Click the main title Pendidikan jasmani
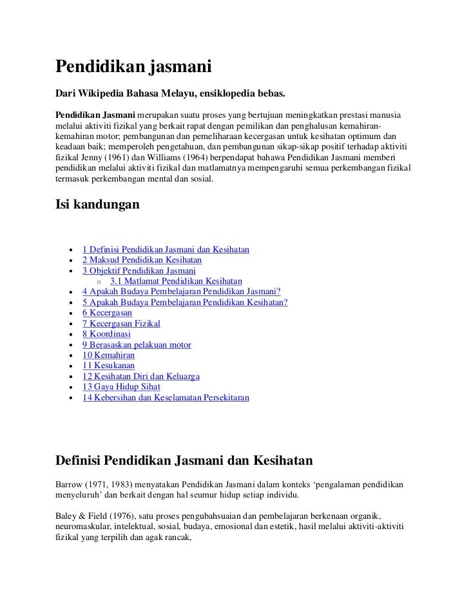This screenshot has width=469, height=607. (x=134, y=67)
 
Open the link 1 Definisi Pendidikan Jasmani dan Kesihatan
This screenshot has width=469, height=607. (x=166, y=249)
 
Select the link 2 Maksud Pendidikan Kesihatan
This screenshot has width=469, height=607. (x=142, y=260)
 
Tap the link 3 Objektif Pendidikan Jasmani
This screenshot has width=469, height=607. (x=139, y=271)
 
